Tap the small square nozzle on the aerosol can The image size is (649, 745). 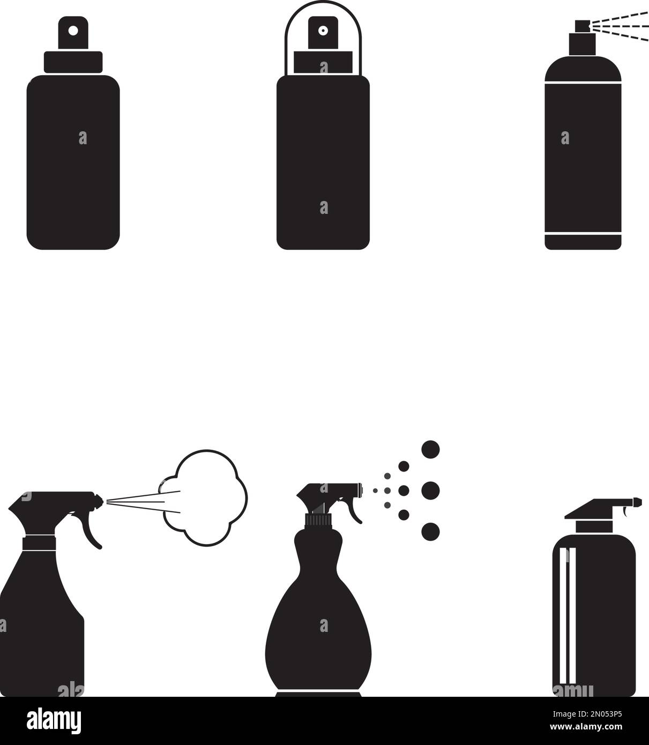[x=581, y=25]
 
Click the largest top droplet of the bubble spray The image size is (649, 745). [x=430, y=449]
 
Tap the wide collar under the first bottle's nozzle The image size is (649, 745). [x=73, y=62]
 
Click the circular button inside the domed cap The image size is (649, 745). [x=323, y=31]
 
